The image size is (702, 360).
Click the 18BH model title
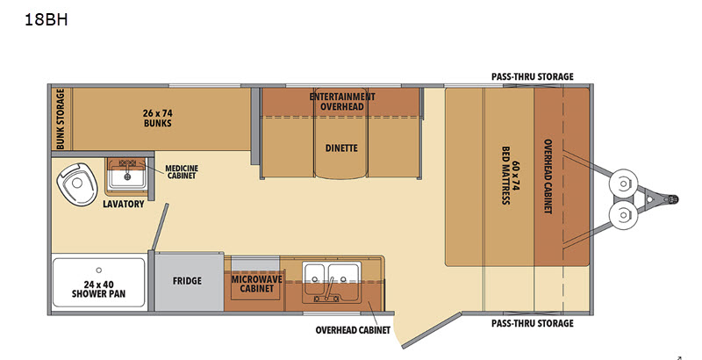47,19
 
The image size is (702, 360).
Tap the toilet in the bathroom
76,184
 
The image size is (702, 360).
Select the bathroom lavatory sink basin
127,176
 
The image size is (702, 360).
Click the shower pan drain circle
98,270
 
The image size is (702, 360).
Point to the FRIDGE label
187,281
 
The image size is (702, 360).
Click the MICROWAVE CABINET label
256,284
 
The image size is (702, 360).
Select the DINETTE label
341,148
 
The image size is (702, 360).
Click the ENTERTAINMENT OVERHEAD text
342,101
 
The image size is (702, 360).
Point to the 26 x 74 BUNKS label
158,119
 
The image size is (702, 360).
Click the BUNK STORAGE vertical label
61,119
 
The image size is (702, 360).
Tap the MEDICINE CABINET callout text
182,172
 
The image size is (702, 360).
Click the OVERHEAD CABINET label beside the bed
548,176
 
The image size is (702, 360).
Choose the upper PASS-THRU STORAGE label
533,76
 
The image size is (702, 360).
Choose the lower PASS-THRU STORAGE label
533,323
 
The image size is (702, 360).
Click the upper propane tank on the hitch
623,184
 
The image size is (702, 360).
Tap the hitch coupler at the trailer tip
671,198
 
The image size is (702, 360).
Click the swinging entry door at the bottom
430,331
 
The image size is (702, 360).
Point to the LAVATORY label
124,205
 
